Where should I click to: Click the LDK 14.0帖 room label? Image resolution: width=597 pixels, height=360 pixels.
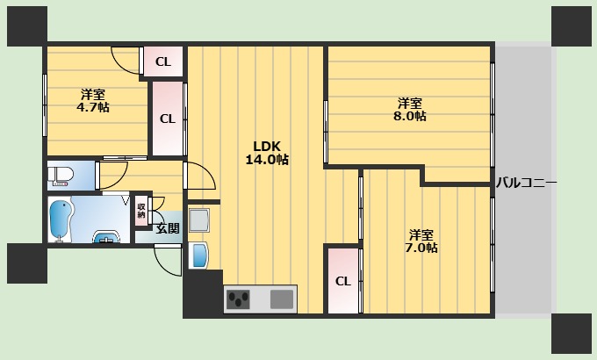click(267, 153)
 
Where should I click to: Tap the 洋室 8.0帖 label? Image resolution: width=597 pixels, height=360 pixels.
click(410, 110)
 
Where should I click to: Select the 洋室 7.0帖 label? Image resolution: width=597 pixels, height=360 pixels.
click(421, 241)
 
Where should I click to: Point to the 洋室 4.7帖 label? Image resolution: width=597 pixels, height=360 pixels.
click(93, 101)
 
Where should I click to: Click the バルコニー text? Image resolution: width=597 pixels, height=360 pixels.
click(526, 184)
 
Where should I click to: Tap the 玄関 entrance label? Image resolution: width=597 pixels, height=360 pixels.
click(168, 228)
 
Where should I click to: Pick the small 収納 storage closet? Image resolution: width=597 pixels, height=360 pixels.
click(141, 211)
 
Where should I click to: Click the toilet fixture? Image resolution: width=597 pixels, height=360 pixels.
click(61, 176)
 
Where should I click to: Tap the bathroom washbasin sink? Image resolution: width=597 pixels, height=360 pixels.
click(107, 236)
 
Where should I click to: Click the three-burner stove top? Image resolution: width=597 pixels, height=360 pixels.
click(238, 299)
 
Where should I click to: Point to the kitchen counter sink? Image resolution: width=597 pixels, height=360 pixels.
click(282, 299)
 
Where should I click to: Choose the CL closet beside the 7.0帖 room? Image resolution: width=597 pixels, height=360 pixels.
click(343, 281)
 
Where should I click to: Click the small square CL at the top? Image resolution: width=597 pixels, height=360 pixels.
click(163, 61)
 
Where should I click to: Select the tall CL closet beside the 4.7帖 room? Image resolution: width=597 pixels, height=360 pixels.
click(168, 119)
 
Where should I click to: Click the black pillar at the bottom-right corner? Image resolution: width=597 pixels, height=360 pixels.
click(572, 333)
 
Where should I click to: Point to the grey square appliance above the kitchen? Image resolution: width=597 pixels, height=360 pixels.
click(199, 220)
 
